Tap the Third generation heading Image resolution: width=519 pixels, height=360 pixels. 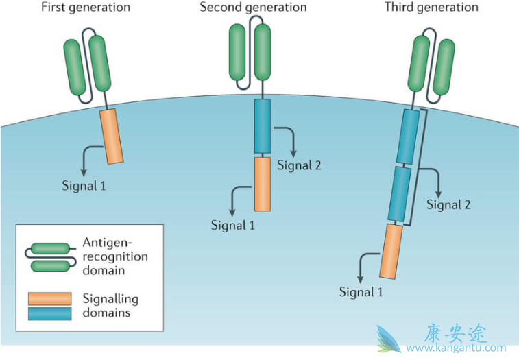(431, 8)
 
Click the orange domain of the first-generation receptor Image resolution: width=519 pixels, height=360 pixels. (112, 136)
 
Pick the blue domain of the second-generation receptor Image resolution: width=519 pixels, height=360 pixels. (263, 126)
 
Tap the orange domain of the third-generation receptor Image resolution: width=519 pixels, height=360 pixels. (389, 251)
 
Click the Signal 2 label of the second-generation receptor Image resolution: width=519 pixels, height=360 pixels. (300, 165)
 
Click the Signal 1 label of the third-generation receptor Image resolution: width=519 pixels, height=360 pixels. (361, 292)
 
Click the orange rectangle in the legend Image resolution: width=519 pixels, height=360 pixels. (49, 299)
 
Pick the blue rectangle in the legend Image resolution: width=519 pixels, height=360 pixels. (49, 313)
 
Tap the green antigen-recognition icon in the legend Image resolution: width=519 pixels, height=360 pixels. (50, 256)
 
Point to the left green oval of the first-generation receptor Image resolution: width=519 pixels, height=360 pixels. (75, 67)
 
